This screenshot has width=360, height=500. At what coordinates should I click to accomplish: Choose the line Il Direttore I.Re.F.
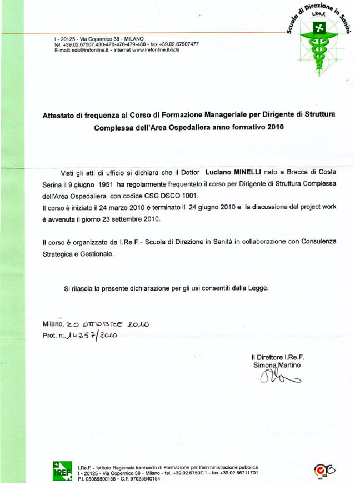pos(277,357)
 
